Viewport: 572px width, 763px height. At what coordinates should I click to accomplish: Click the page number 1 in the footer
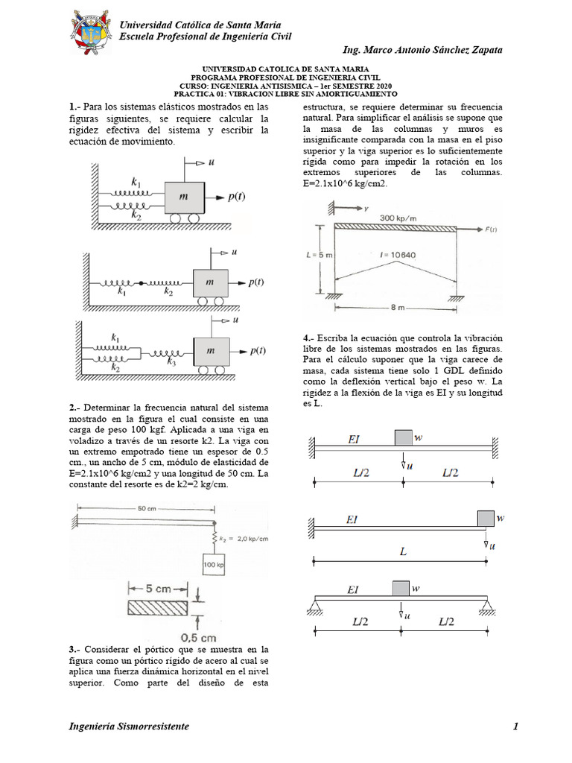point(515,726)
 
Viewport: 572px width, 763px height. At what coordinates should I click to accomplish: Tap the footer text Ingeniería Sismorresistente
point(128,726)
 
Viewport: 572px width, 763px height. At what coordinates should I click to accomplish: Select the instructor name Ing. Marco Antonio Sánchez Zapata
point(422,50)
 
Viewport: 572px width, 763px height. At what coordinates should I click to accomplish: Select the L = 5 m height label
point(318,255)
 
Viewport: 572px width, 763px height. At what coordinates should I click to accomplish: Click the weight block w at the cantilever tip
point(486,517)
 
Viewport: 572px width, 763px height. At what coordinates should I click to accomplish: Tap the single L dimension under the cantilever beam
point(402,553)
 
